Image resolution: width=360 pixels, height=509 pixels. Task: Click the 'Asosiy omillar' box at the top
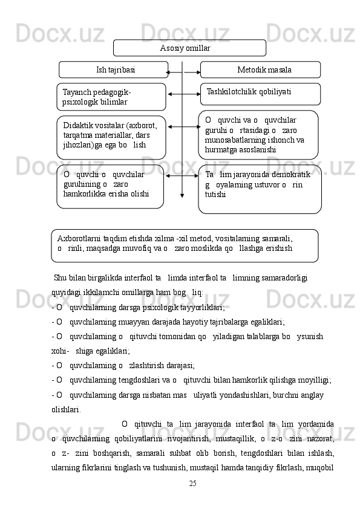189,48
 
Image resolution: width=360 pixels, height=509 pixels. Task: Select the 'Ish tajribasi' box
114,70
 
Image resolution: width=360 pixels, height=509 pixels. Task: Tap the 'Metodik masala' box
260,70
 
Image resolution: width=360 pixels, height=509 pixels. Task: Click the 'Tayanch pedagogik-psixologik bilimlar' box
112,97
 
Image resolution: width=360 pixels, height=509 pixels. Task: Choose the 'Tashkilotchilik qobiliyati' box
260,94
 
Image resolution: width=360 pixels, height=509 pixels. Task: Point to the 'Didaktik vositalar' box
111,137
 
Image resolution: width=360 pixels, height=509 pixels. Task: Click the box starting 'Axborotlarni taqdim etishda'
185,245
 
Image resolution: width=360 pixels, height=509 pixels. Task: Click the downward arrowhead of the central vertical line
182,195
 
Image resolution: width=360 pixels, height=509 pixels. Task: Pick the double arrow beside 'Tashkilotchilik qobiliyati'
184,94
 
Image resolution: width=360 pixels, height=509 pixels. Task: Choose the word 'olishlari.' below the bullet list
67,409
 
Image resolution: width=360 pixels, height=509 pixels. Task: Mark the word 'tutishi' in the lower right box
216,195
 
